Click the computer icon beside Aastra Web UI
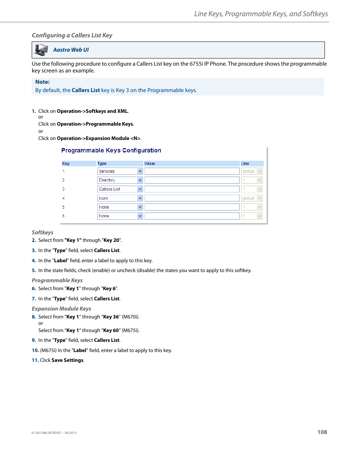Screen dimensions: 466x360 pos(41,50)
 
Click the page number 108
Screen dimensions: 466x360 pos(322,432)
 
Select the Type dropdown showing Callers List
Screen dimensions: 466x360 pos(120,189)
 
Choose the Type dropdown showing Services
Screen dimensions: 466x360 pos(120,171)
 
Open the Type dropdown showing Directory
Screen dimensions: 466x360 pos(120,180)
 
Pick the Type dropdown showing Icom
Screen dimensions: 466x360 pos(120,198)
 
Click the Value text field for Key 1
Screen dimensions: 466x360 pos(192,171)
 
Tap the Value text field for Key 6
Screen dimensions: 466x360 pos(192,216)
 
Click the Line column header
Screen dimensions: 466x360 pos(245,163)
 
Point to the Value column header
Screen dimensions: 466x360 pos(150,163)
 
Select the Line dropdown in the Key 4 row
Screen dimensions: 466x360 pos(252,198)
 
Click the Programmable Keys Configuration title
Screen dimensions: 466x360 pos(111,150)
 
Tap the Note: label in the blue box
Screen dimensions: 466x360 pos(42,82)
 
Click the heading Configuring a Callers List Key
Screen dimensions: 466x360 pos(72,35)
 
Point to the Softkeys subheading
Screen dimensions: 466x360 pos(42,232)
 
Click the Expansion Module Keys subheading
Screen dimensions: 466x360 pos(61,309)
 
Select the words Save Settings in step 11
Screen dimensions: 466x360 pos(68,360)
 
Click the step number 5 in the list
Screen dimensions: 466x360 pos(34,271)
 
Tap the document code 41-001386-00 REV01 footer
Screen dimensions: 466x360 pos(54,433)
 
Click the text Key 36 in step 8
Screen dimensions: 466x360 pos(111,317)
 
